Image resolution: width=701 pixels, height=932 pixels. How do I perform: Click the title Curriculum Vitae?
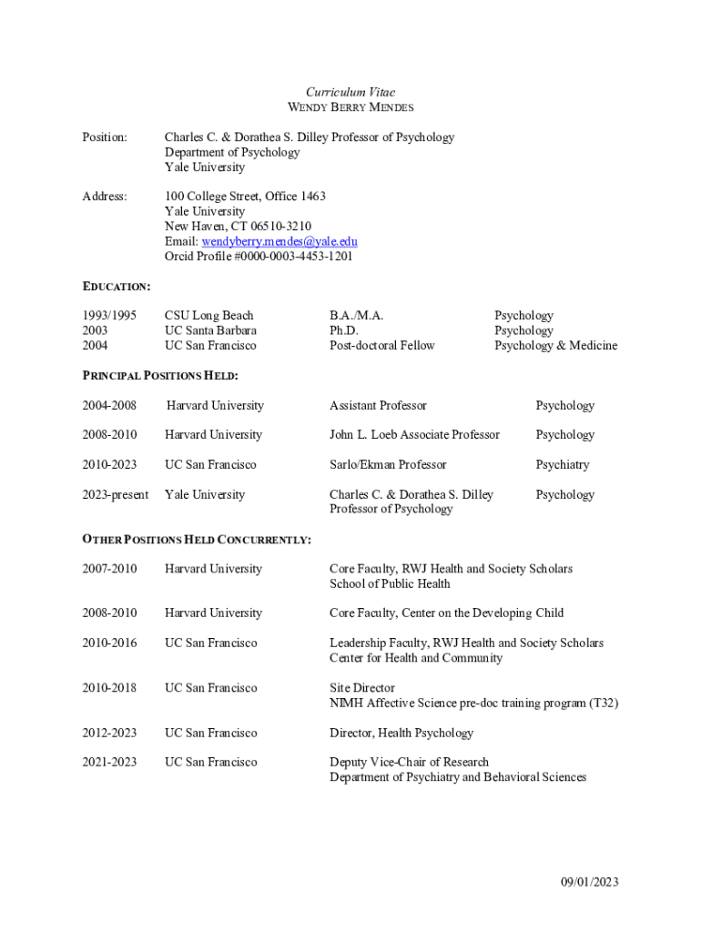point(350,92)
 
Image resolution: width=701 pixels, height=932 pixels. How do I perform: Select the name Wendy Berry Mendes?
point(350,107)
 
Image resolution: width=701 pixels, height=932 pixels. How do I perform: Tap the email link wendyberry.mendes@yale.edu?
point(279,241)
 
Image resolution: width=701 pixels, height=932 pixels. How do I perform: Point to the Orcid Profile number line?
point(259,256)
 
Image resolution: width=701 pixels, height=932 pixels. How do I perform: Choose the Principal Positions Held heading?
point(160,375)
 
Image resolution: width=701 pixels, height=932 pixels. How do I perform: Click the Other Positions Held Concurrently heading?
point(197,540)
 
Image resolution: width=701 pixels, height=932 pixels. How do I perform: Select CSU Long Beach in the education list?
point(208,316)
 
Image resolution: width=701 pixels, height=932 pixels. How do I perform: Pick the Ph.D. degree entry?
point(343,330)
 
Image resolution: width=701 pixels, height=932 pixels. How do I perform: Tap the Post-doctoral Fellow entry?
point(381,345)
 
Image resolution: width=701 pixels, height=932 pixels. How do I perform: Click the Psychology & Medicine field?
point(555,345)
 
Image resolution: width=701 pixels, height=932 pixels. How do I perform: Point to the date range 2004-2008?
point(109,405)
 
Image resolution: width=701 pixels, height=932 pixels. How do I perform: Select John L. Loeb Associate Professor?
point(414,434)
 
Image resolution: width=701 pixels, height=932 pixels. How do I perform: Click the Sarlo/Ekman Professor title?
point(388,464)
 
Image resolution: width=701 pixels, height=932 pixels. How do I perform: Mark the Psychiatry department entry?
point(562,464)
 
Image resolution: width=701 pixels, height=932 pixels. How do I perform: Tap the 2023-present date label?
point(116,494)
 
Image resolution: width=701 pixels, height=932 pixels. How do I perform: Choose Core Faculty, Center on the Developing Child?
point(446,613)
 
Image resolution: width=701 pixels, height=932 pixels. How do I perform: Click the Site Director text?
point(361,688)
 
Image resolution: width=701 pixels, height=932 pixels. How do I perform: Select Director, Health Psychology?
point(401,733)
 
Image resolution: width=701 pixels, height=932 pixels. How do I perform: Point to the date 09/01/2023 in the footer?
point(589,881)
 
